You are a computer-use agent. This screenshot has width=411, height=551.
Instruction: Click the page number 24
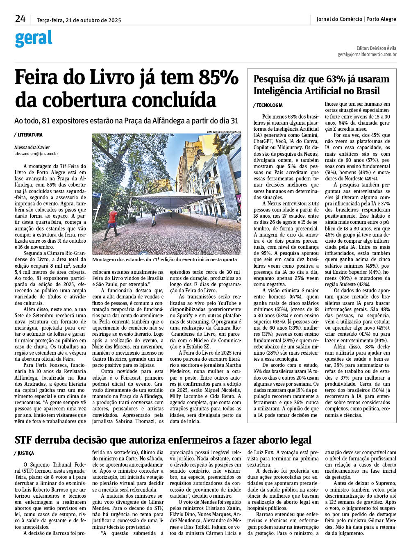click(x=20, y=19)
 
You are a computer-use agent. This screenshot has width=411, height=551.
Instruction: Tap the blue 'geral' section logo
click(x=34, y=39)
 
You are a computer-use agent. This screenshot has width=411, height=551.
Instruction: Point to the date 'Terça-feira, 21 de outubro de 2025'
click(x=79, y=20)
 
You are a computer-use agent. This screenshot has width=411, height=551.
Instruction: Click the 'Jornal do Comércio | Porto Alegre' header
click(x=356, y=19)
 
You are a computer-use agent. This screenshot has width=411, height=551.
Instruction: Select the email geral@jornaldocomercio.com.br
click(x=367, y=54)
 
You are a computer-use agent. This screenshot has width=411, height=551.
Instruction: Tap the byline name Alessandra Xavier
click(x=32, y=148)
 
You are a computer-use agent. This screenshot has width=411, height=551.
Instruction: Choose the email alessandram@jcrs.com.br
click(x=36, y=154)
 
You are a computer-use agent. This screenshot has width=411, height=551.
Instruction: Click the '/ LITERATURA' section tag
click(x=28, y=134)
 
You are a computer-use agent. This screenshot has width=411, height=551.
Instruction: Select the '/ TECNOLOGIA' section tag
click(x=268, y=105)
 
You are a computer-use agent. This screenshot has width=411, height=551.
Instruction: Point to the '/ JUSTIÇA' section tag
click(x=24, y=453)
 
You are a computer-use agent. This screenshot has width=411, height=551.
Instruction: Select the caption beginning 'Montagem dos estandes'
click(x=164, y=260)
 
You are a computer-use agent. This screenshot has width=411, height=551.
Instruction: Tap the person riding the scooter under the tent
click(x=154, y=216)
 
